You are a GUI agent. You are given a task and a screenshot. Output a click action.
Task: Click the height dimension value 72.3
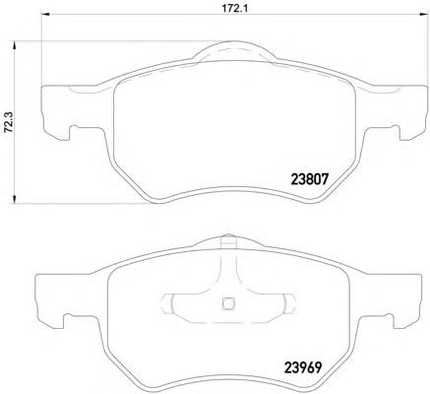point(7,122)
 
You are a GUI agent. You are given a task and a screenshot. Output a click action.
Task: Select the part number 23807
point(309,179)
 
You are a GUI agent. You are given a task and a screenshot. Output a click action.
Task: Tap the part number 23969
point(302,367)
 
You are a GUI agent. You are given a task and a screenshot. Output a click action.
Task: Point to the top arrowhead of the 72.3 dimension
point(14,45)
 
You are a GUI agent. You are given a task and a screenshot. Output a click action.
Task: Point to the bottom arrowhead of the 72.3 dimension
point(14,199)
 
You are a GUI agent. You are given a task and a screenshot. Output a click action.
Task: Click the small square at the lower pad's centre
point(227,302)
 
